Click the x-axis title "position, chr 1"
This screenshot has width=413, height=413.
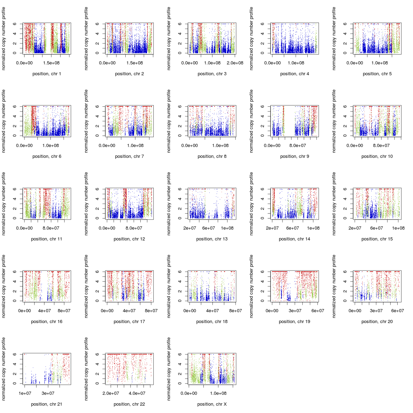pyautogui.click(x=47, y=74)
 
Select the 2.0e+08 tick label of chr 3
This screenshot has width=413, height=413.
pyautogui.click(x=234, y=63)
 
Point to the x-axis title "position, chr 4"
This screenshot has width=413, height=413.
pyautogui.click(x=294, y=74)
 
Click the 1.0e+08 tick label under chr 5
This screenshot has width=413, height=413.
pyautogui.click(x=379, y=63)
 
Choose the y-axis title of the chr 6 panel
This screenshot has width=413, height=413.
pyautogui.click(x=4, y=121)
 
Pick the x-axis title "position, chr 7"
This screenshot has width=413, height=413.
pyautogui.click(x=129, y=156)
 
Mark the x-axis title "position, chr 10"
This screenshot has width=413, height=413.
pyautogui.click(x=377, y=156)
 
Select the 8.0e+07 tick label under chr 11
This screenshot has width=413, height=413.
pyautogui.click(x=51, y=228)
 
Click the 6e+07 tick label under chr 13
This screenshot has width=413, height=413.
pyautogui.click(x=209, y=228)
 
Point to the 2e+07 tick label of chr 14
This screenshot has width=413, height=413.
pyautogui.click(x=272, y=228)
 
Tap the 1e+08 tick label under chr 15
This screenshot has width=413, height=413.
pyautogui.click(x=398, y=228)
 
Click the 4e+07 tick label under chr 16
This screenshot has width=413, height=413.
pyautogui.click(x=44, y=311)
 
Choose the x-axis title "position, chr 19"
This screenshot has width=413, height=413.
pyautogui.click(x=294, y=322)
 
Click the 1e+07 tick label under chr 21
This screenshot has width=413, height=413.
pyautogui.click(x=25, y=393)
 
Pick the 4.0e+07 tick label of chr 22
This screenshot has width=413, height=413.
pyautogui.click(x=137, y=393)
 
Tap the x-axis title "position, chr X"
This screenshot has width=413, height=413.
pyautogui.click(x=212, y=404)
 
